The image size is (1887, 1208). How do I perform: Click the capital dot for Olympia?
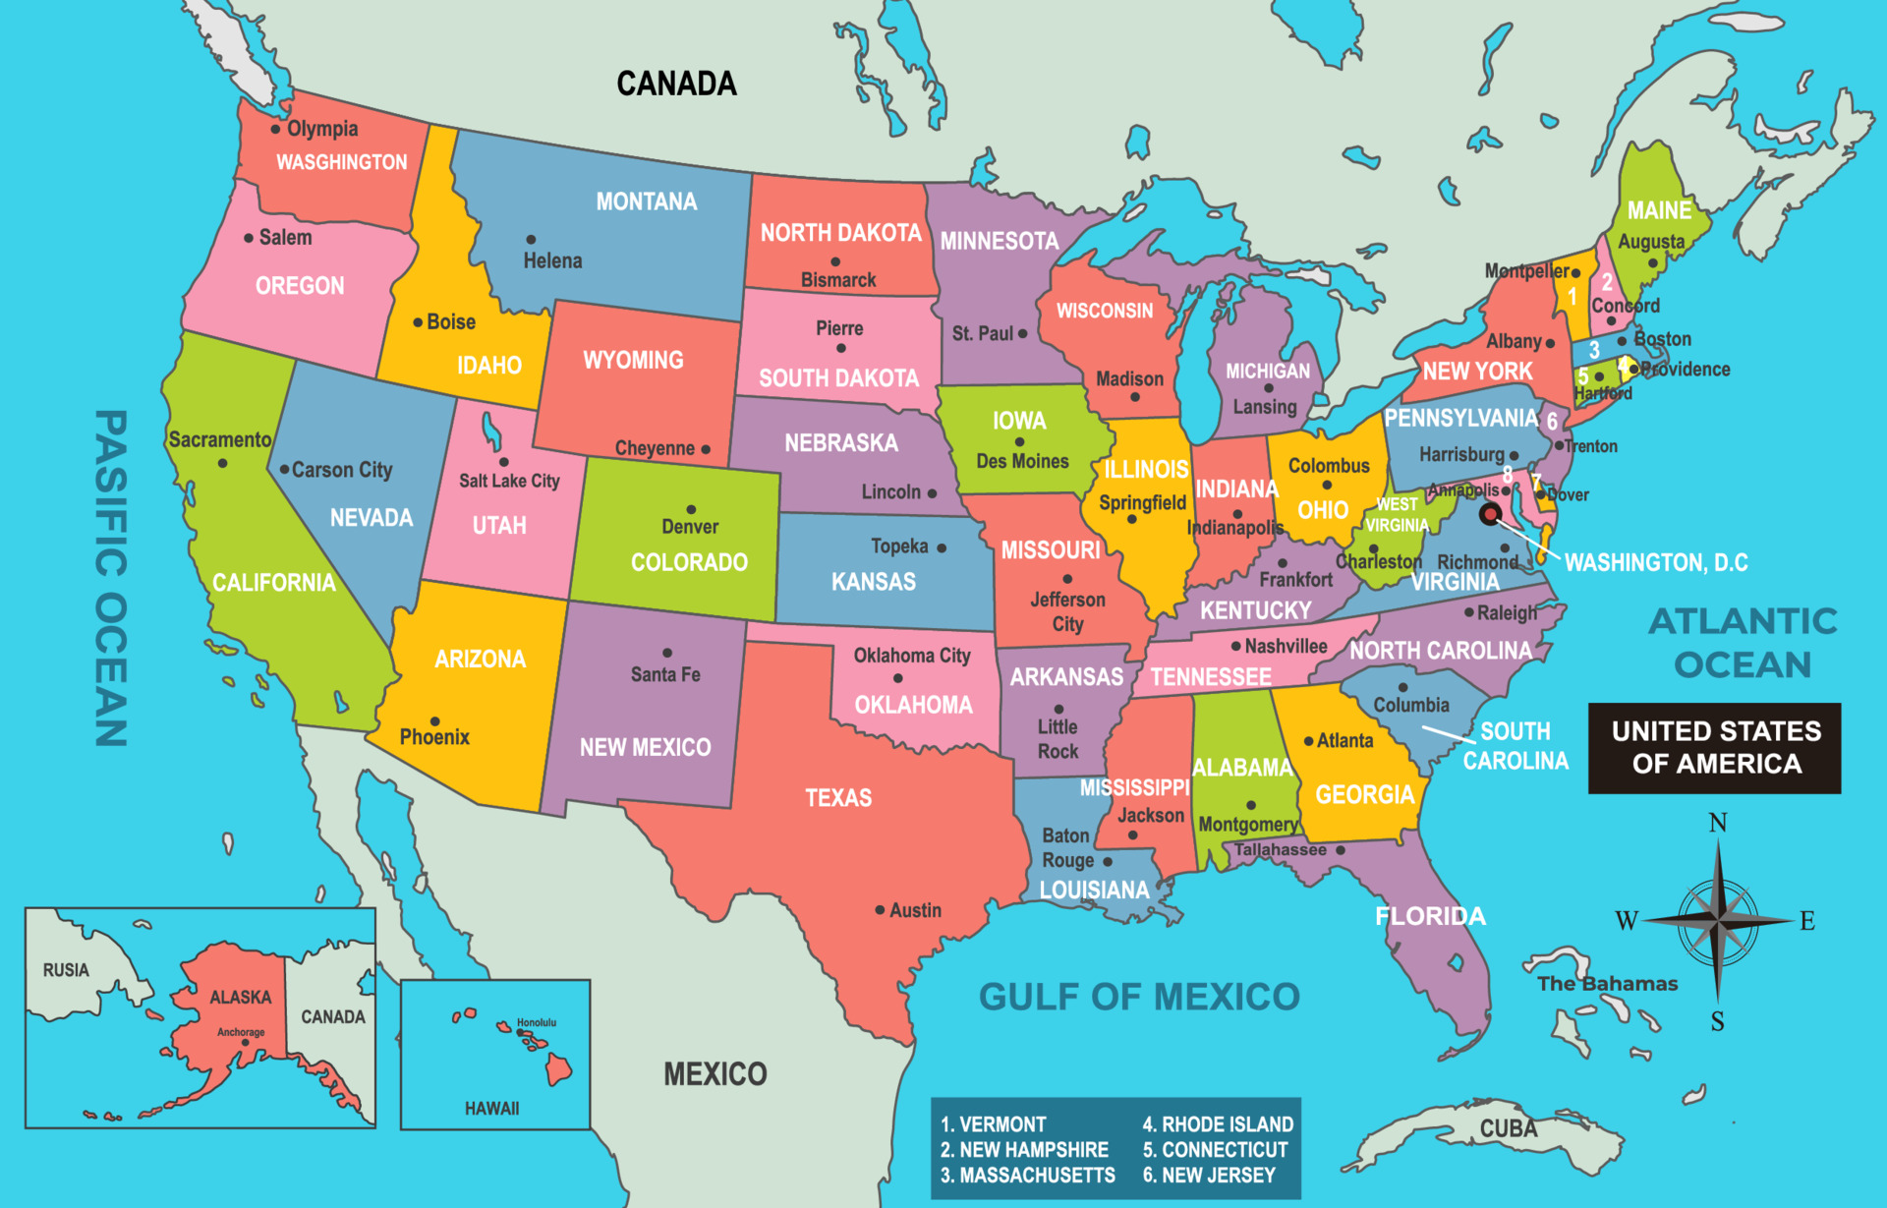(275, 129)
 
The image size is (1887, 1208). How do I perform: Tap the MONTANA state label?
(646, 201)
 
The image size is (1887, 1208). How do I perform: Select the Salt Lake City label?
(509, 481)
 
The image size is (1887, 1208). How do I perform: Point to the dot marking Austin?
(880, 910)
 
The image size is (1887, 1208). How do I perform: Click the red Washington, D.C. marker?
(1490, 514)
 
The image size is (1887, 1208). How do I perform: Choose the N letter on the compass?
(1718, 823)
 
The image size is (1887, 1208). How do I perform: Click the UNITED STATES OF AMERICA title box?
(1715, 748)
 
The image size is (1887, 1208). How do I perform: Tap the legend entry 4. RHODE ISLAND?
(1218, 1124)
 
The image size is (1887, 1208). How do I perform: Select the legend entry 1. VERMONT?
(993, 1124)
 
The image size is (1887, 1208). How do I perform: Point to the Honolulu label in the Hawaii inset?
(537, 1023)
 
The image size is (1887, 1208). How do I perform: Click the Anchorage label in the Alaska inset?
(241, 1032)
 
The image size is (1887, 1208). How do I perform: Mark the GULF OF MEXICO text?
(1139, 997)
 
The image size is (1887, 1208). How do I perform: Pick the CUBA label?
(1509, 1128)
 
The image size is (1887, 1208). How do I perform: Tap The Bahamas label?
(1607, 984)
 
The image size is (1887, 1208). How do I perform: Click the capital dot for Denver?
(691, 509)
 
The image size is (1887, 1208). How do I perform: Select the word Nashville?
(1286, 646)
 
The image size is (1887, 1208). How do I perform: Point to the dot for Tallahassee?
(1340, 850)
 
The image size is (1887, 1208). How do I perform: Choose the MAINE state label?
(1659, 210)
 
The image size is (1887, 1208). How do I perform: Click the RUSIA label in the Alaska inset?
(66, 970)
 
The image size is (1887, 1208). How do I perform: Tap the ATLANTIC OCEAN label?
(1743, 643)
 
